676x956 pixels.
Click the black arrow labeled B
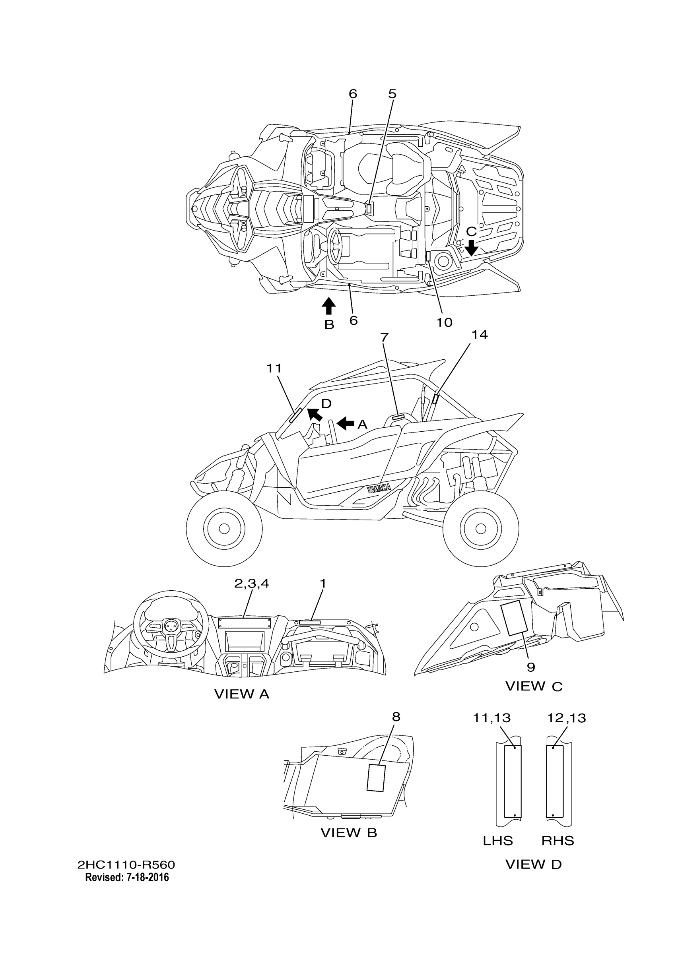point(329,306)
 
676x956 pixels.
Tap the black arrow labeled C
point(472,247)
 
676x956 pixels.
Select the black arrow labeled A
point(345,423)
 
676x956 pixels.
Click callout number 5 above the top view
point(392,94)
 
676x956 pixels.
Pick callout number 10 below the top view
point(445,322)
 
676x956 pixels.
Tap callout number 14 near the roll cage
point(480,334)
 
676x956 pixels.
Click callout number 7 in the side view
point(384,337)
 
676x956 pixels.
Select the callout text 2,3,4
point(252,584)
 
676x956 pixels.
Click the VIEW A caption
point(242,694)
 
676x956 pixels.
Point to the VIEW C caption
point(534,686)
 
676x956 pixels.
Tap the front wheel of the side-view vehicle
point(224,528)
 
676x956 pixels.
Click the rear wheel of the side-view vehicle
point(481,528)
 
